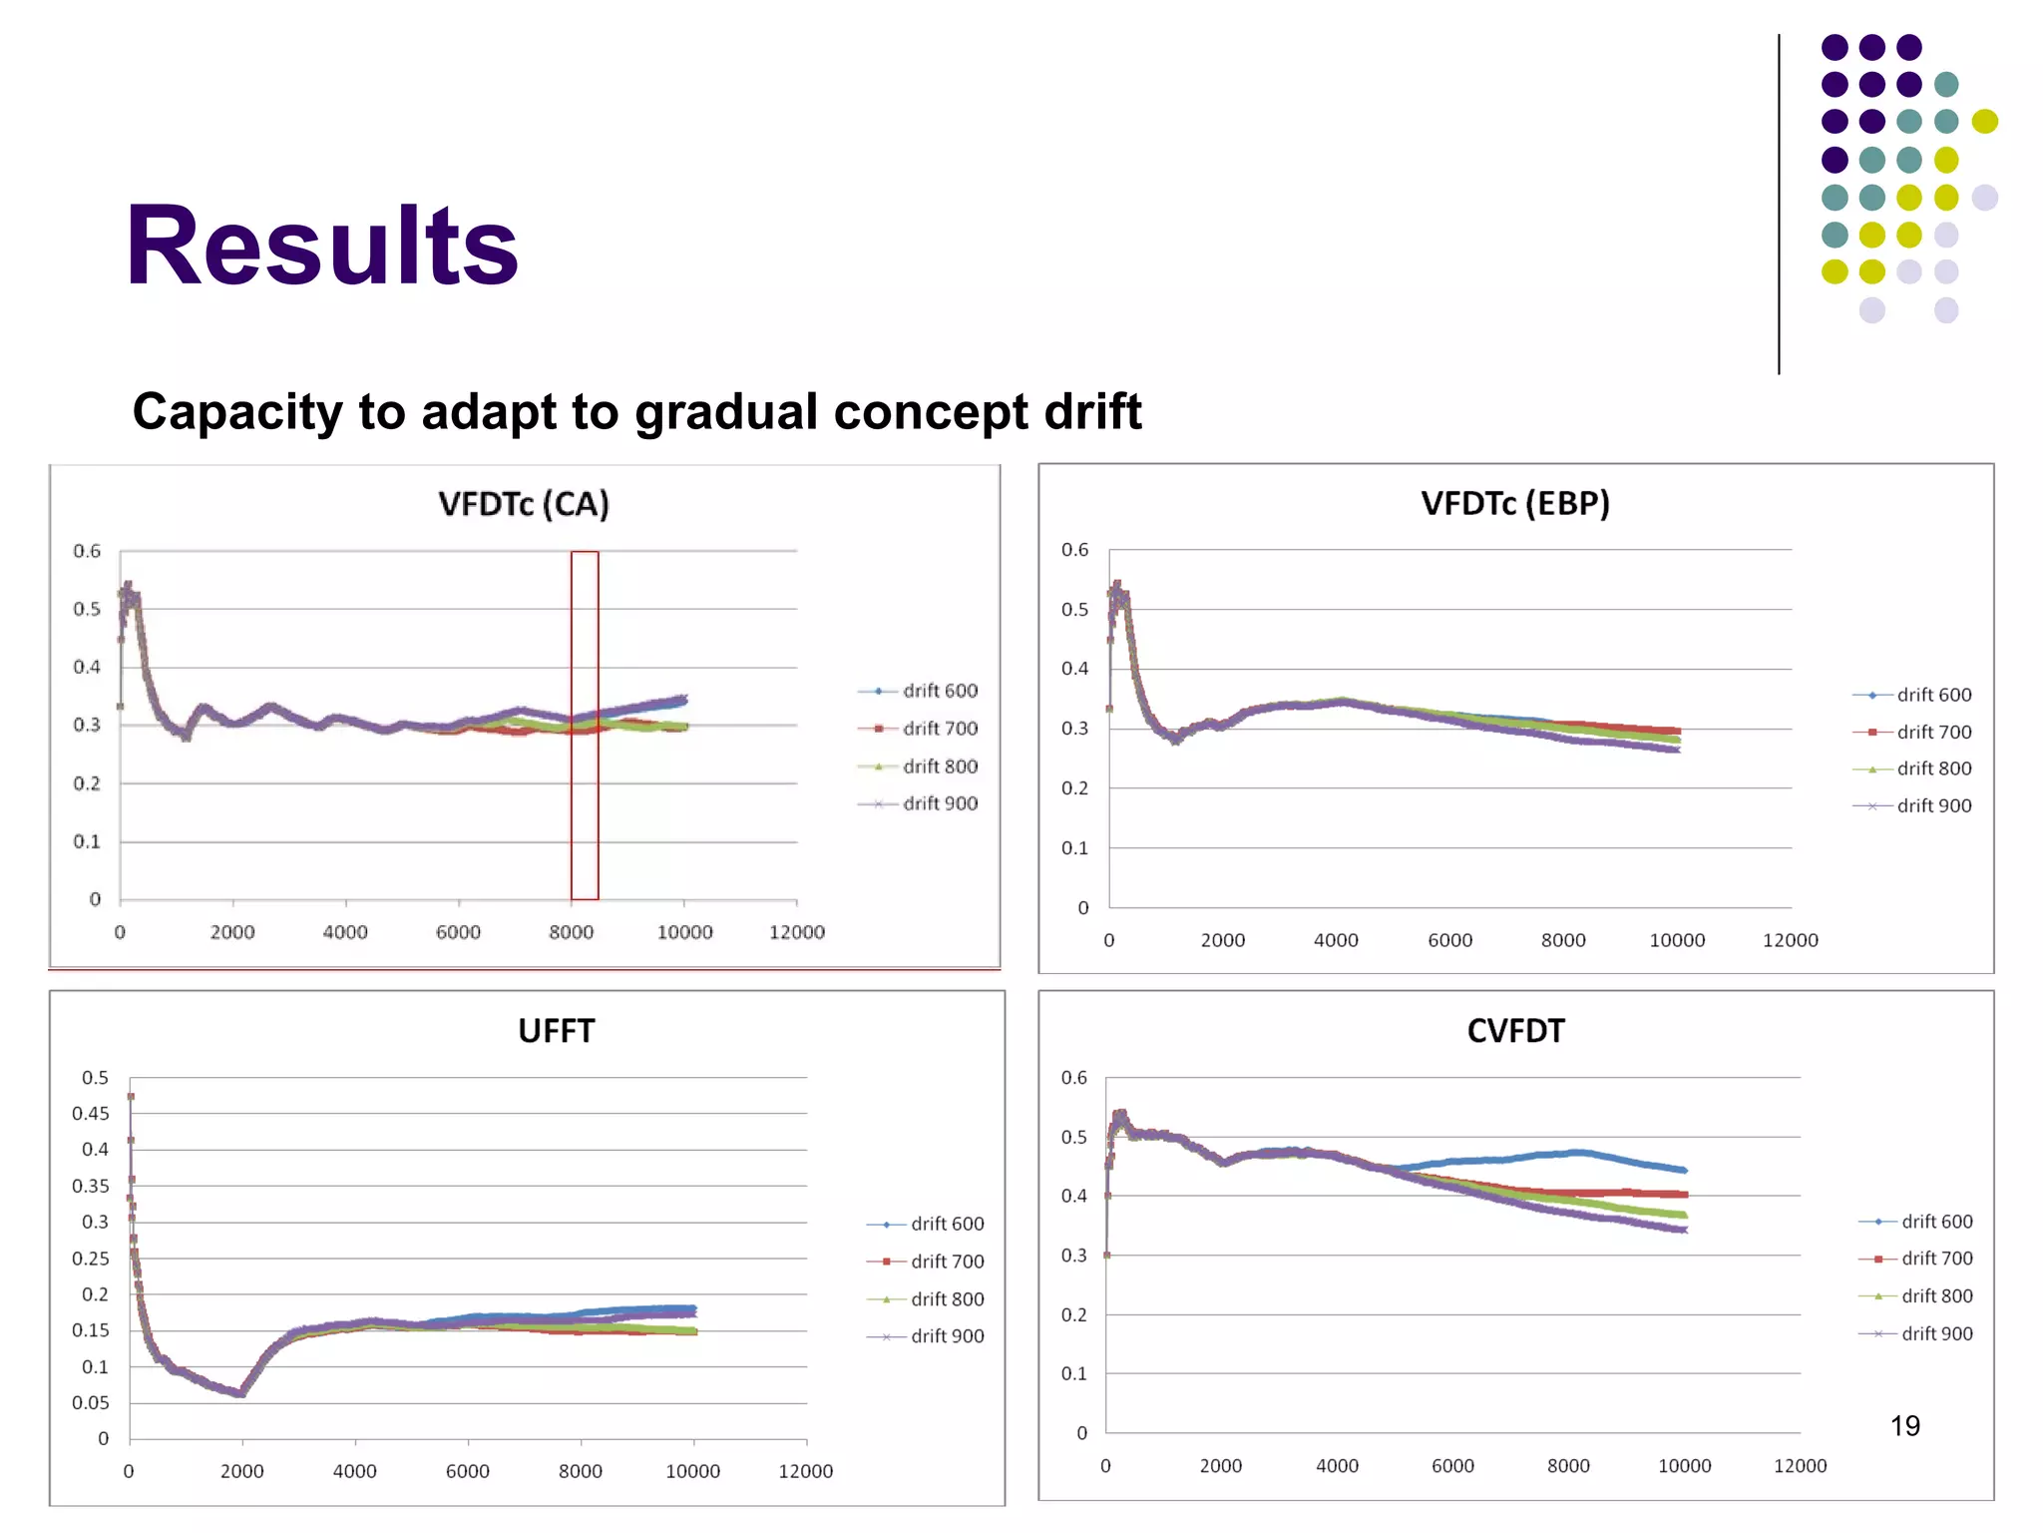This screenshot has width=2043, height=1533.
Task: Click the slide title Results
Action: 321,246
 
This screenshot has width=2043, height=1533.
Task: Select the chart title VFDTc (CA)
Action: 524,504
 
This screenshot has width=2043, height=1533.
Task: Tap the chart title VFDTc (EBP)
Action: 1515,503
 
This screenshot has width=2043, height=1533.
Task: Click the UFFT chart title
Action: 556,1030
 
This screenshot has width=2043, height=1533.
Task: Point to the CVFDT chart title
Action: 1515,1030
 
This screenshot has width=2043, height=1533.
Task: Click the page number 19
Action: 1904,1425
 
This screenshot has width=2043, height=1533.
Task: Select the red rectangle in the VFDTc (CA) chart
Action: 585,725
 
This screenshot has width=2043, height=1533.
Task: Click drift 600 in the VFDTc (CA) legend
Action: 939,691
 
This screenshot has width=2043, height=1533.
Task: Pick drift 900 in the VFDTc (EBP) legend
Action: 1933,805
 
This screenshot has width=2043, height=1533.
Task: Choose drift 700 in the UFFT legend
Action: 946,1262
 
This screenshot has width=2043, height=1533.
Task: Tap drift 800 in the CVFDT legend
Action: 1936,1295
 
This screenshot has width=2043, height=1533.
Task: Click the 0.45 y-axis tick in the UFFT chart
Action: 91,1113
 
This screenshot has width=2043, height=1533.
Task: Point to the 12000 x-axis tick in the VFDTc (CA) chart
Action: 796,932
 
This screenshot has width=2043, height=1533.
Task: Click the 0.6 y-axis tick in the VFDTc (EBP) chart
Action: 1074,550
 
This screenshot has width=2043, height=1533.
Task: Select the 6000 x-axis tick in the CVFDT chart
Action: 1451,1466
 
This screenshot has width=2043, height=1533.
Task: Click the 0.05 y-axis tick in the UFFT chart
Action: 91,1402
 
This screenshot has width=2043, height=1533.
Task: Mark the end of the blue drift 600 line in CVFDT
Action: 1684,1170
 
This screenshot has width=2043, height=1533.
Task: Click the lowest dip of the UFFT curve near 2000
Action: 240,1392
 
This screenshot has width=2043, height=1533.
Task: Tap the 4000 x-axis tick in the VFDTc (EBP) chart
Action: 1336,940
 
